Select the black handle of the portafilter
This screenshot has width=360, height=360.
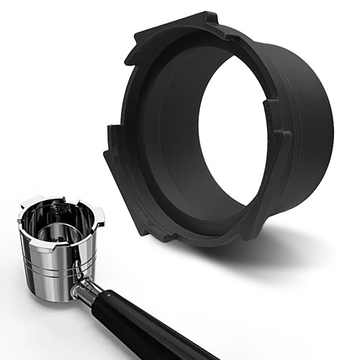click(x=151, y=328)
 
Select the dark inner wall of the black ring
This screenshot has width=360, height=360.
click(x=173, y=144)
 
